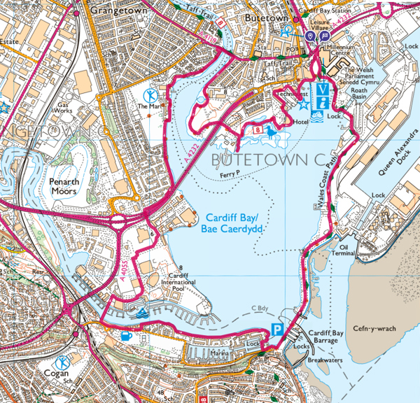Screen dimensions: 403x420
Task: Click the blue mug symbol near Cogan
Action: [x=127, y=336]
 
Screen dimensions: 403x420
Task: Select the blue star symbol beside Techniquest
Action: [x=303, y=104]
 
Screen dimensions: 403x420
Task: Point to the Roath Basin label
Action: [x=359, y=94]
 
